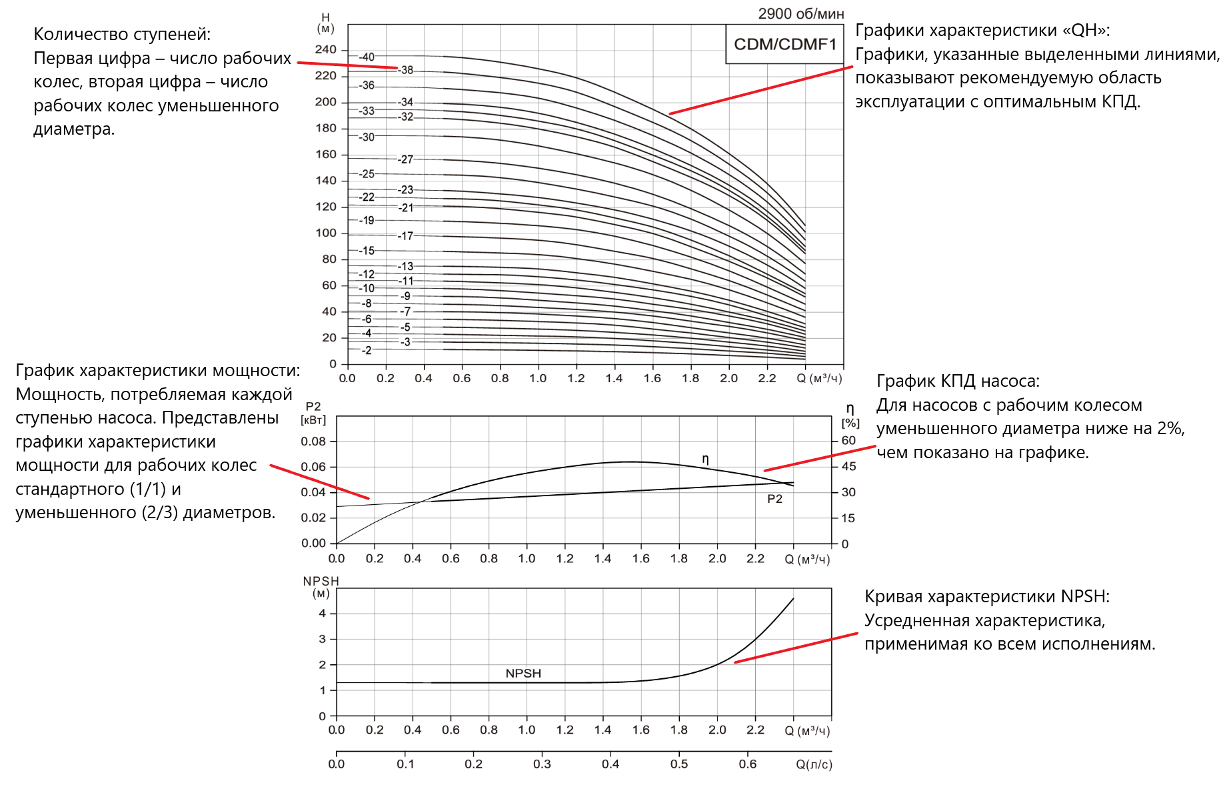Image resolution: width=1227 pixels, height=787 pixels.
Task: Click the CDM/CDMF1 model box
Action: [784, 45]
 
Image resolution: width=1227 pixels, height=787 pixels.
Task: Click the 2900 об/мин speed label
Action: [800, 14]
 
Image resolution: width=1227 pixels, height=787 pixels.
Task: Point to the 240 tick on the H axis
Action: [326, 49]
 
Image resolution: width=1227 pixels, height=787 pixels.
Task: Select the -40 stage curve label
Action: [367, 57]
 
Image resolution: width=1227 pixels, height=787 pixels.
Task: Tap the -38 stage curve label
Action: [406, 70]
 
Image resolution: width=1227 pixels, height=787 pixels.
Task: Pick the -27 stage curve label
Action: [406, 159]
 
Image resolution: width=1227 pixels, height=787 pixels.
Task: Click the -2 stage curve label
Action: [367, 350]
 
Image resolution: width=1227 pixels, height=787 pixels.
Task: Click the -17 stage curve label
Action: [406, 236]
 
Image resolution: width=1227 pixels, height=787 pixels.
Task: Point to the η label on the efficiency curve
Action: [705, 459]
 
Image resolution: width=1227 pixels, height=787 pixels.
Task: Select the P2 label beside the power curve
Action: [774, 499]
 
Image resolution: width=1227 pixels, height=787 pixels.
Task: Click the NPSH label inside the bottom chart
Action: [523, 674]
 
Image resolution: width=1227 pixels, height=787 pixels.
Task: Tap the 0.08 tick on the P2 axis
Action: [313, 442]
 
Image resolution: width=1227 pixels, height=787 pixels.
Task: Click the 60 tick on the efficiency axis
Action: [848, 441]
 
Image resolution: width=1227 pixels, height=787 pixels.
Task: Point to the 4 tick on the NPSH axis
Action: [323, 614]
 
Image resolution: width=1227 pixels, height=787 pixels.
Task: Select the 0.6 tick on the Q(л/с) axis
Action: [748, 764]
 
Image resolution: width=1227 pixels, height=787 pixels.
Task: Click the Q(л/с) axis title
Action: [814, 764]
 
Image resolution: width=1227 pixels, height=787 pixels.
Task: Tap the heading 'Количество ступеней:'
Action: [122, 35]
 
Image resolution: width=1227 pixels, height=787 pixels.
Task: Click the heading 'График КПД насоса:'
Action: [958, 381]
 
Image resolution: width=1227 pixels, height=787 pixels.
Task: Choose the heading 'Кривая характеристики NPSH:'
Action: [987, 597]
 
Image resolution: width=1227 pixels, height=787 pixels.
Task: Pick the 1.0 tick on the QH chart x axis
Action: [538, 379]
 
